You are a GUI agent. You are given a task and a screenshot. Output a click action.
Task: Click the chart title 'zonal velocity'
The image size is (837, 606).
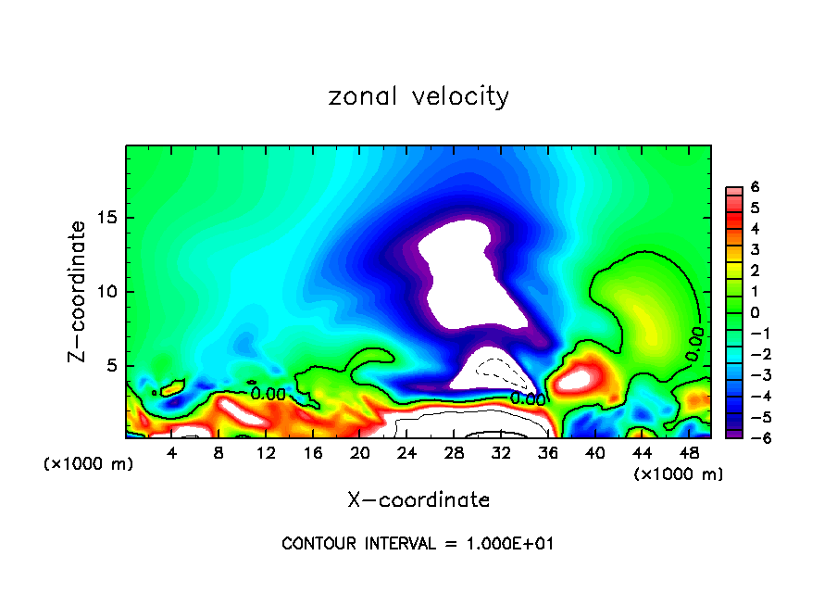pyautogui.click(x=418, y=96)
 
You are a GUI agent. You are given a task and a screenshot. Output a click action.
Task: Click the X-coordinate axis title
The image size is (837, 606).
pyautogui.click(x=418, y=499)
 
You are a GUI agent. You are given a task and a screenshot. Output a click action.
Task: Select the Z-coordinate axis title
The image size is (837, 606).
pyautogui.click(x=80, y=291)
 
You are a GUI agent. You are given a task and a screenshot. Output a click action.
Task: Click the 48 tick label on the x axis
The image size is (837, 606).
pyautogui.click(x=688, y=454)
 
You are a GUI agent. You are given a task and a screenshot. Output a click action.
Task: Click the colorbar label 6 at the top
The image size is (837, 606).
pyautogui.click(x=755, y=187)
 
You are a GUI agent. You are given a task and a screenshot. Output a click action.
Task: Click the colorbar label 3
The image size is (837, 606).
pyautogui.click(x=755, y=249)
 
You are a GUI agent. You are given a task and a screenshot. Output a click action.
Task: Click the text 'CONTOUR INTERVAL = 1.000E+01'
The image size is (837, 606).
pyautogui.click(x=418, y=544)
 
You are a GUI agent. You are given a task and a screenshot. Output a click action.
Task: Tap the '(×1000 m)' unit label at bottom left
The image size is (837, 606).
pyautogui.click(x=89, y=463)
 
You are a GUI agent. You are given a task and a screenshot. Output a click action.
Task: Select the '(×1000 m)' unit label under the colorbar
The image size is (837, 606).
pyautogui.click(x=679, y=473)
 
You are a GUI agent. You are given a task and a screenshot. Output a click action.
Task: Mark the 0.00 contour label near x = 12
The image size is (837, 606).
pyautogui.click(x=269, y=394)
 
